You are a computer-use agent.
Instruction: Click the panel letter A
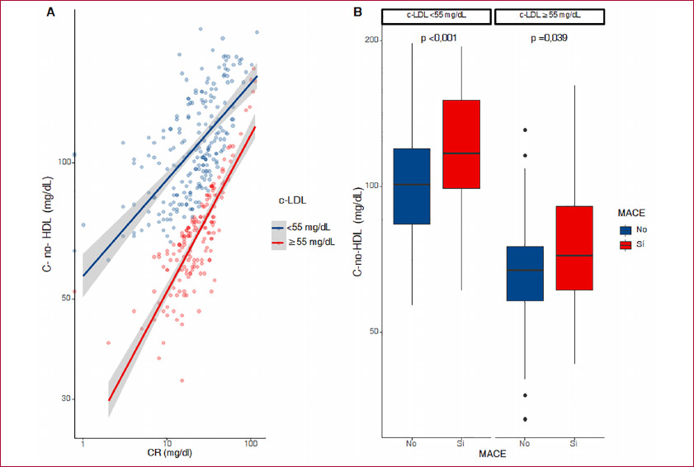tap(51, 12)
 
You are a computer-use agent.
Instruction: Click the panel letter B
tap(357, 12)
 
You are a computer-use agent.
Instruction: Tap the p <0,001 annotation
tap(438, 38)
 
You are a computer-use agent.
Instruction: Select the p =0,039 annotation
tap(549, 38)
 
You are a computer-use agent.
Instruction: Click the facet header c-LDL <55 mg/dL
tap(437, 17)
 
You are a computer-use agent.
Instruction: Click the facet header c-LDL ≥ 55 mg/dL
tap(549, 17)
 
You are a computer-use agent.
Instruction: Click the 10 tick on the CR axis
tap(167, 444)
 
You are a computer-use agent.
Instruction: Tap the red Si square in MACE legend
tap(626, 245)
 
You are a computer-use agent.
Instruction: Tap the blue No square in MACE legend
tap(626, 230)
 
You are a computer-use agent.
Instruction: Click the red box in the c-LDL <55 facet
tap(461, 144)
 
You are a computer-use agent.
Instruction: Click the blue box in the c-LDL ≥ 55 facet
tap(525, 273)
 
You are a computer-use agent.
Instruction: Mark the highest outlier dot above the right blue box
tap(525, 130)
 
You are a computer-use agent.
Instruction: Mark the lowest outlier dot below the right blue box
tap(525, 419)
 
